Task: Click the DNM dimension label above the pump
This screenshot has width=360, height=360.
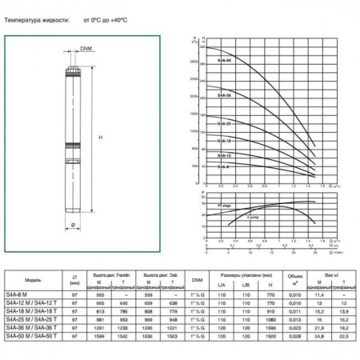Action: click(x=86, y=50)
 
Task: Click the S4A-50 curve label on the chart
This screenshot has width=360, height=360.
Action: click(x=226, y=60)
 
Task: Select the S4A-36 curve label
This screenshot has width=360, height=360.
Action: click(x=225, y=95)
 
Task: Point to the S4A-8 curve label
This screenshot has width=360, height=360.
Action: click(x=224, y=166)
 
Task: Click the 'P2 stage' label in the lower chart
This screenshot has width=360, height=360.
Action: click(x=216, y=206)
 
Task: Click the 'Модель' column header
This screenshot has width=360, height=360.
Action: click(x=34, y=281)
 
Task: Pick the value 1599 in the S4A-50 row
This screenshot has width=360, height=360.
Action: click(x=99, y=334)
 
